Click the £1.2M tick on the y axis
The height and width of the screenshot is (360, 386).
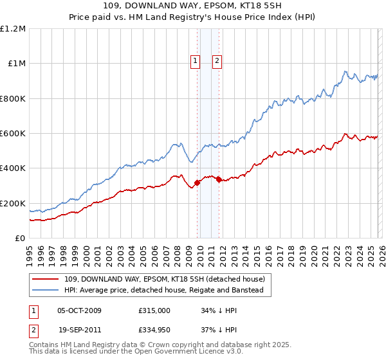13,29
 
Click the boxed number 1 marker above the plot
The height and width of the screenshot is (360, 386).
196,61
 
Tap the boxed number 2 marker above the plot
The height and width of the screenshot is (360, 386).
217,61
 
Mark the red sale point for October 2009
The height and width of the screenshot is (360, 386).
197,183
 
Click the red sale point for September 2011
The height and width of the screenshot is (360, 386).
219,179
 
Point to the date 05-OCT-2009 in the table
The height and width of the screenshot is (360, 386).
79,310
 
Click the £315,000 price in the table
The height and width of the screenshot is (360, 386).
154,310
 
